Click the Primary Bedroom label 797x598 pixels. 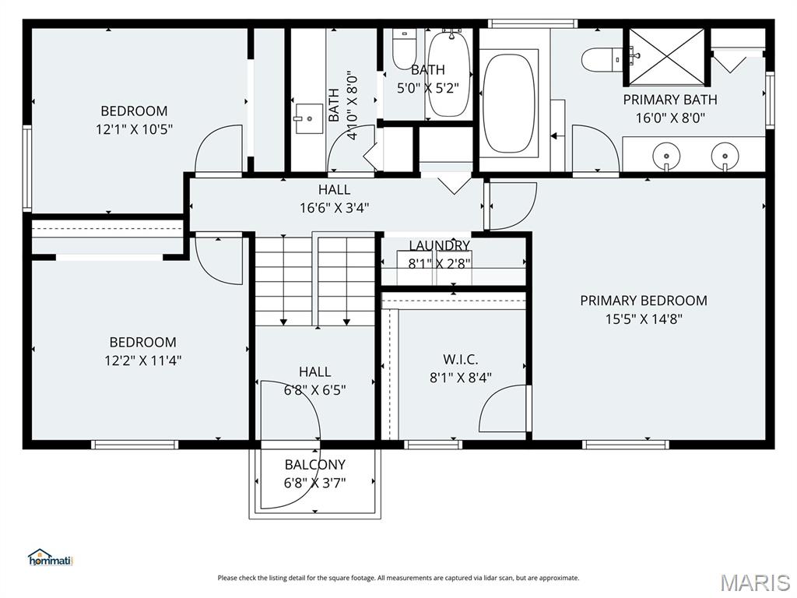click(644, 301)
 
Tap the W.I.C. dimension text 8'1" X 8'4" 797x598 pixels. click(461, 378)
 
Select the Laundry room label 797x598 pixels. click(439, 246)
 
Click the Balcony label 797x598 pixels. click(314, 465)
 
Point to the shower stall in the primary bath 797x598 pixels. click(666, 57)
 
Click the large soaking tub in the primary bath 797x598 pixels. click(509, 102)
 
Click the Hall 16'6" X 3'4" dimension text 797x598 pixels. click(334, 208)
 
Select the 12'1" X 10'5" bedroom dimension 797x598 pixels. click(134, 129)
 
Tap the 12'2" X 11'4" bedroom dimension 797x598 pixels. click(142, 361)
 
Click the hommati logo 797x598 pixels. click(50, 558)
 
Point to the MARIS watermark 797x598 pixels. click(754, 582)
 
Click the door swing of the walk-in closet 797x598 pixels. click(504, 410)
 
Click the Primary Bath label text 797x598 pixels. click(670, 100)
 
